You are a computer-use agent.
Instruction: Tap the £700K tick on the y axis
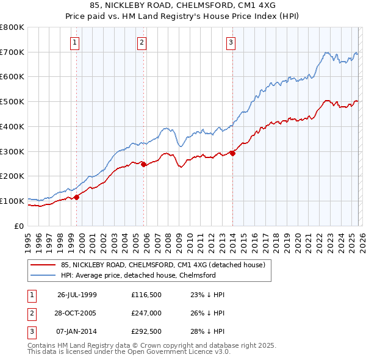[12, 52]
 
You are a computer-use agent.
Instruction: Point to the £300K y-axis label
[12, 151]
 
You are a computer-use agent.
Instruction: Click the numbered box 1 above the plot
[74, 43]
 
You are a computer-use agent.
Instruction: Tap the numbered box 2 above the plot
[142, 43]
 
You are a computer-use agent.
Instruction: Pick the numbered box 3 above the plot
[231, 43]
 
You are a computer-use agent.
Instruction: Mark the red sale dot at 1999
[77, 197]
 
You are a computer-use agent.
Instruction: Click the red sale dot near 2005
[143, 164]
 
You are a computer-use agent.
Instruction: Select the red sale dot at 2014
[232, 153]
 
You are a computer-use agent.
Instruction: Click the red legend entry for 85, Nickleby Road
[162, 265]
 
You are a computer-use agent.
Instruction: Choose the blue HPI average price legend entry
[138, 276]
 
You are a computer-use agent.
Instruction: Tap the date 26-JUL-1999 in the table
[77, 294]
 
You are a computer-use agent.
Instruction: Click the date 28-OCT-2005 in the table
[77, 314]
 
